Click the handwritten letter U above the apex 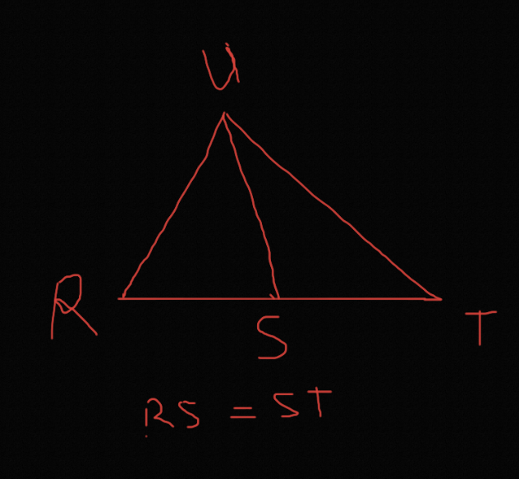pyautogui.click(x=221, y=67)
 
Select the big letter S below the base pyautogui.click(x=272, y=337)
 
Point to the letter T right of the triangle pyautogui.click(x=480, y=328)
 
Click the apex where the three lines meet pyautogui.click(x=224, y=113)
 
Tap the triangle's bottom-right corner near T pyautogui.click(x=440, y=299)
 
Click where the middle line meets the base pyautogui.click(x=278, y=299)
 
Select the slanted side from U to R pyautogui.click(x=172, y=206)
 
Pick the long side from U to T pyautogui.click(x=332, y=206)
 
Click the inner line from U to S pyautogui.click(x=251, y=206)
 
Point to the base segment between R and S pyautogui.click(x=199, y=299)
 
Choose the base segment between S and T pyautogui.click(x=361, y=299)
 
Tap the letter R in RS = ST pyautogui.click(x=158, y=413)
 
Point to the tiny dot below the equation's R pyautogui.click(x=146, y=436)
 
